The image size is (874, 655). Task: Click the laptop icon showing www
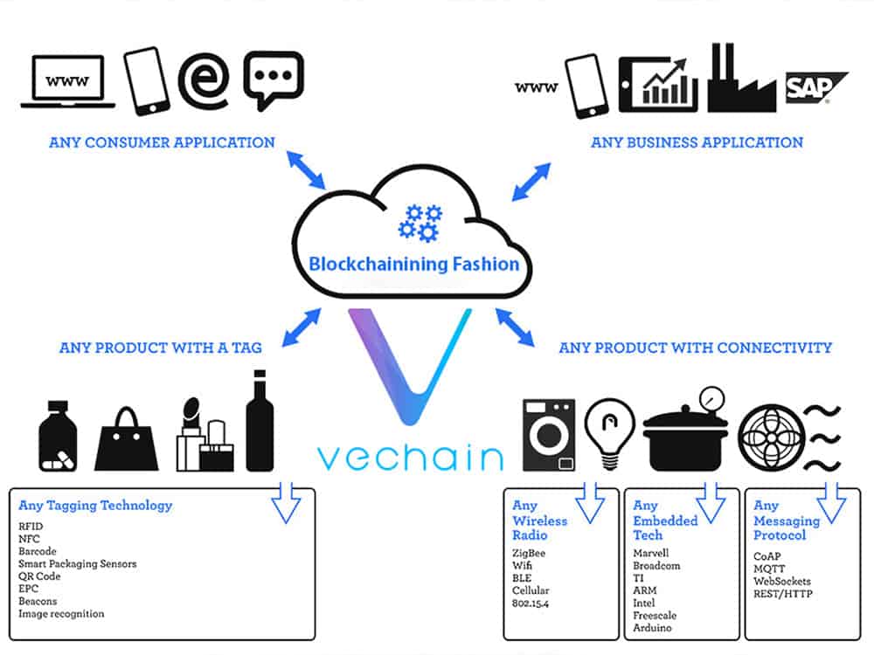click(x=67, y=84)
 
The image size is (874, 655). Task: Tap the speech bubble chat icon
click(x=273, y=80)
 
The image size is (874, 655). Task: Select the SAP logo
click(x=815, y=88)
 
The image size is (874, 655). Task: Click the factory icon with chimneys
click(x=740, y=80)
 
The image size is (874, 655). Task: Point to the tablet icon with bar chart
click(x=657, y=84)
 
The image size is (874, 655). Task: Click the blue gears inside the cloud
click(x=420, y=222)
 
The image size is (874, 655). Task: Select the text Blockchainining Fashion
click(x=413, y=264)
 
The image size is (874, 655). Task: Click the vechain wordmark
click(x=410, y=457)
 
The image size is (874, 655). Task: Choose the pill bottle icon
click(x=58, y=437)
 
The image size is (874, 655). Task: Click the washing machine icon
click(x=548, y=435)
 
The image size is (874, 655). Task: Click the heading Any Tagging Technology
click(x=95, y=506)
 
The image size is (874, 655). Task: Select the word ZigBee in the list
click(x=529, y=554)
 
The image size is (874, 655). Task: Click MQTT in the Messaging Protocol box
click(x=769, y=569)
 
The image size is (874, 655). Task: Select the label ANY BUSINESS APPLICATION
click(x=697, y=142)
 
